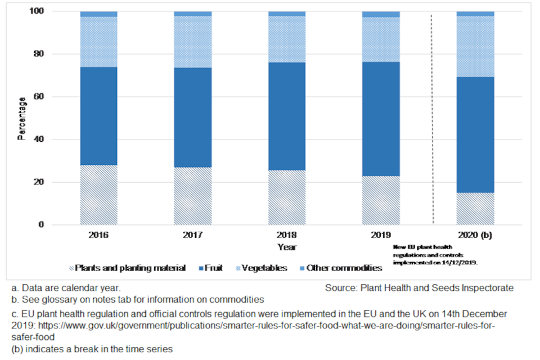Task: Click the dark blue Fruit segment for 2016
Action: click(99, 116)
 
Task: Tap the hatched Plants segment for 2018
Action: click(287, 197)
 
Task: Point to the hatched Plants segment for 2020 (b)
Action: click(475, 209)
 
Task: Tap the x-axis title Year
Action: click(287, 247)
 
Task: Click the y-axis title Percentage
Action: click(22, 118)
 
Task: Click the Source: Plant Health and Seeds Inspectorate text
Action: click(419, 288)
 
